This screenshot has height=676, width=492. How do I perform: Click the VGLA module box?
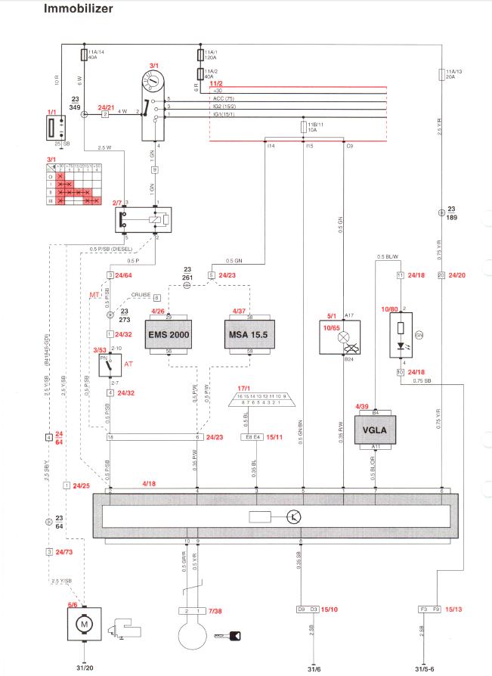coord(385,430)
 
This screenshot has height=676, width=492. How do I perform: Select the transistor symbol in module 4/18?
coord(292,517)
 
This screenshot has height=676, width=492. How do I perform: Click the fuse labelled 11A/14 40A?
coord(83,54)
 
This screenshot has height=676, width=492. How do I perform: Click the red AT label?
coord(128,364)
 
